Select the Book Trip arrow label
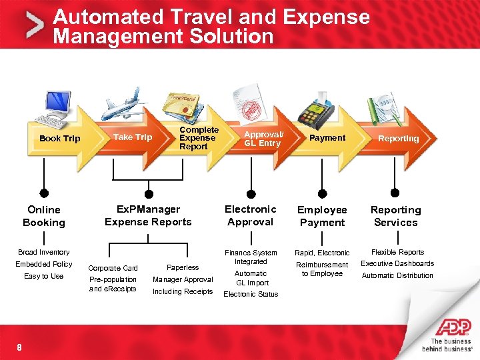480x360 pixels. click(x=59, y=139)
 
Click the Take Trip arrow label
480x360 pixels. click(x=133, y=137)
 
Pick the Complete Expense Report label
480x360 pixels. click(x=198, y=138)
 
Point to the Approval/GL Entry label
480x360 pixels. click(x=263, y=138)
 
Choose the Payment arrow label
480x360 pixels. click(x=327, y=138)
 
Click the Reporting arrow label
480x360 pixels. click(x=398, y=139)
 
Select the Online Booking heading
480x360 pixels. click(x=44, y=216)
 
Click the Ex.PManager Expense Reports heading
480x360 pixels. click(x=148, y=215)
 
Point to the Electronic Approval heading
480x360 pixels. click(x=251, y=215)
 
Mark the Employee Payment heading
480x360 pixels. click(x=322, y=216)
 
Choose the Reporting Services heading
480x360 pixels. click(x=395, y=216)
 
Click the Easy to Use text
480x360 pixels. click(x=44, y=276)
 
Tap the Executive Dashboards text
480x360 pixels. click(x=397, y=263)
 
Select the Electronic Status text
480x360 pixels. click(x=251, y=294)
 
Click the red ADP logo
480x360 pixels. click(x=453, y=327)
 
